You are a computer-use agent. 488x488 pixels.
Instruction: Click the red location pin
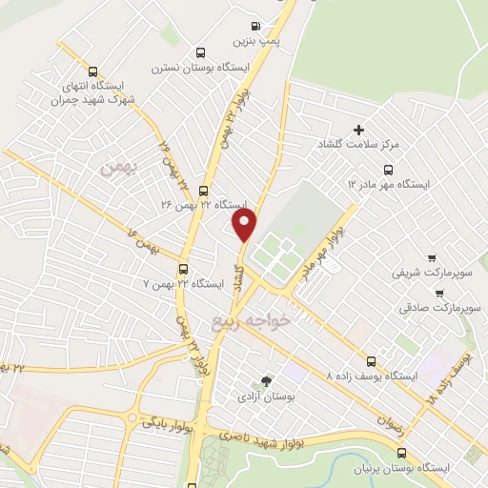[x=246, y=225]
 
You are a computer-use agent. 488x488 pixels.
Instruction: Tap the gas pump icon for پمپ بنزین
[x=254, y=26]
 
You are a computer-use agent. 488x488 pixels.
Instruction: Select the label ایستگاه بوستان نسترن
[x=208, y=69]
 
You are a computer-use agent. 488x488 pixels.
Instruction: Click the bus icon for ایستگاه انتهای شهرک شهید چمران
[x=92, y=70]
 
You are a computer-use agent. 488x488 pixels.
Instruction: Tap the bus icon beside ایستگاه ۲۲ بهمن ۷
[x=183, y=269]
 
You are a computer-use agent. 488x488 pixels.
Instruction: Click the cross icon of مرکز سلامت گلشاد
[x=359, y=130]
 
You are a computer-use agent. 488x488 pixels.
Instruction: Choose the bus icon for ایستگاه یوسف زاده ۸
[x=371, y=360]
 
